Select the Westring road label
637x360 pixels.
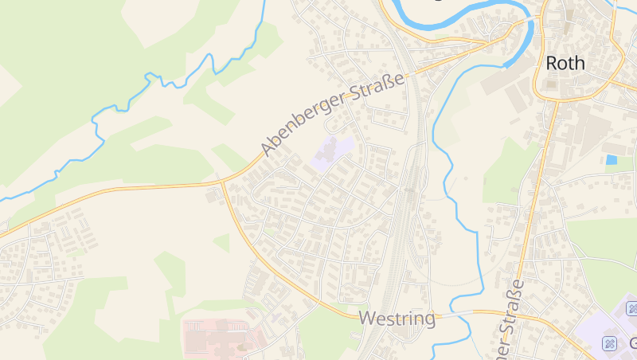[x=397, y=319]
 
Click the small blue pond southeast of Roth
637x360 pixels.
[x=612, y=159]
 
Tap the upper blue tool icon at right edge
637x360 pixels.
[x=632, y=308]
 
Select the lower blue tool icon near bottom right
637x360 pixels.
[x=610, y=343]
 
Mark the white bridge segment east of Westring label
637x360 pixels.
[x=452, y=315]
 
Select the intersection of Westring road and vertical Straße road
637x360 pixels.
[x=510, y=312]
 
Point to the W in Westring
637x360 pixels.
[x=367, y=319]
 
